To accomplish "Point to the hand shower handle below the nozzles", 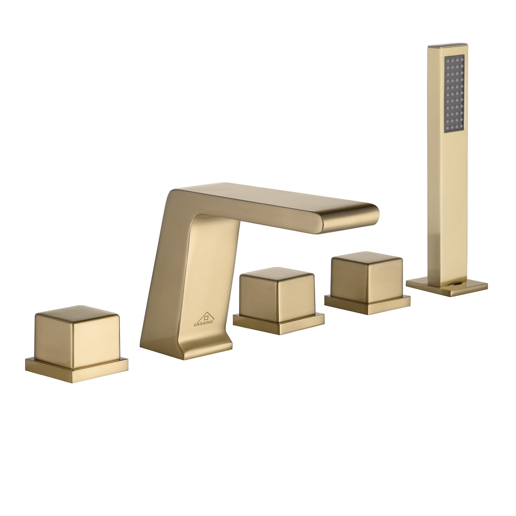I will [446, 206].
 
